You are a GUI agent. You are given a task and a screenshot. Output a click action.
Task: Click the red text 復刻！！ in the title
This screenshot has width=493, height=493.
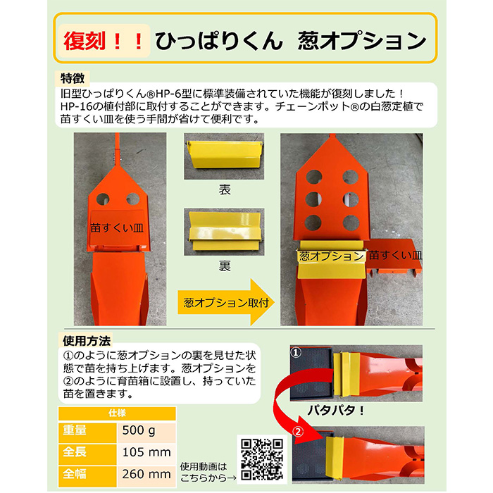tap(104, 41)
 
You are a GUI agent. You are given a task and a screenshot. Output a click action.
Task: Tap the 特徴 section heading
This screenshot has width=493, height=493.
tap(73, 79)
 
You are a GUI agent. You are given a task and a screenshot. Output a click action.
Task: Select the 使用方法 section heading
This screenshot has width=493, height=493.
tap(87, 341)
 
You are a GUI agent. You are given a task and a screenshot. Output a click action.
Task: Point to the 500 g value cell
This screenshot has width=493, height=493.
tap(146, 431)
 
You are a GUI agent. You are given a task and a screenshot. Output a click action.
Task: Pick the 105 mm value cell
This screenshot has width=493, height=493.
tap(146, 453)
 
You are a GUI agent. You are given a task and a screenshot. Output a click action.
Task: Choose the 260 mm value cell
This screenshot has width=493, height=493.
tap(146, 475)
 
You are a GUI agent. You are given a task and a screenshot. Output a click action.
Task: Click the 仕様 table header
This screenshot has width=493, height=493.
tap(117, 413)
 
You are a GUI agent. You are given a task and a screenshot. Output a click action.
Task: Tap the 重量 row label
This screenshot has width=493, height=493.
tap(74, 430)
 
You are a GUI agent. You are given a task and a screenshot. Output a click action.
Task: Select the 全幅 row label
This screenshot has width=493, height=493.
tap(74, 474)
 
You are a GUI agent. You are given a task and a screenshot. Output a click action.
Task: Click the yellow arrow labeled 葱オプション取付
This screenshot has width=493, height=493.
tap(226, 302)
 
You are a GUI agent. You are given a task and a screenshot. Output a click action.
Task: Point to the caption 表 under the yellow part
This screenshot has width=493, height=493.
tap(225, 189)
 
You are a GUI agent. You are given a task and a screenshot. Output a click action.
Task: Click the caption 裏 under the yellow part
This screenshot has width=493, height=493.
tap(225, 266)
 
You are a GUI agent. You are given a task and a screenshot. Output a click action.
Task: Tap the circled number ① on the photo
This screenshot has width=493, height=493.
tap(296, 352)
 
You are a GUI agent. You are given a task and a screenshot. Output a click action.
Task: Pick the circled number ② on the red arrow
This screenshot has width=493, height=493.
tap(298, 432)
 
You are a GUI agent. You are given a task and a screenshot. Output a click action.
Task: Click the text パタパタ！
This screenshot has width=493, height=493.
tap(335, 411)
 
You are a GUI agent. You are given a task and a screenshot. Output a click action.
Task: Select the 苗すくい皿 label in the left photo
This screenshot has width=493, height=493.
tap(117, 228)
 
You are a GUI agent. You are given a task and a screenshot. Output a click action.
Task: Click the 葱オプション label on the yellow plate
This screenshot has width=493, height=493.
tap(331, 256)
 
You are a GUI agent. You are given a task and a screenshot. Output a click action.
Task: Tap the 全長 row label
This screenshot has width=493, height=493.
tap(74, 452)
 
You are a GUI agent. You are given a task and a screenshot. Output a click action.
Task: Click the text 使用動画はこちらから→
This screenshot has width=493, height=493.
tap(208, 473)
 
